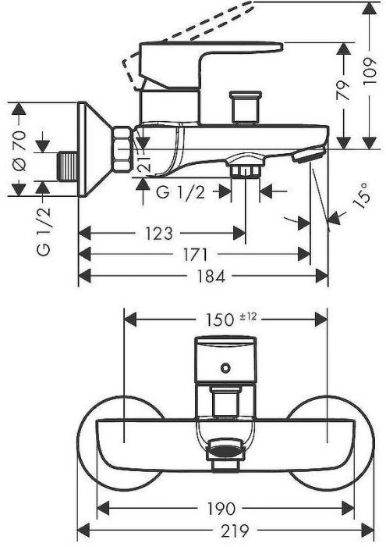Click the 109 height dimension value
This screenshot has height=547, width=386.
[370, 70]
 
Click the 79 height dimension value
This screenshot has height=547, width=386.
[344, 91]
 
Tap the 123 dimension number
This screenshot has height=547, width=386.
[159, 234]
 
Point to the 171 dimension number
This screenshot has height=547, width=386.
[195, 255]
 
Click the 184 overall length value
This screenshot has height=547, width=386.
[211, 277]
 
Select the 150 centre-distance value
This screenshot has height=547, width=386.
[219, 320]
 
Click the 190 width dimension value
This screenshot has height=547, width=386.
[221, 509]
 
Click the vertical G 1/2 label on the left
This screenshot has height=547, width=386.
[44, 231]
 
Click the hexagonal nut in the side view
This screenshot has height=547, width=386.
[122, 149]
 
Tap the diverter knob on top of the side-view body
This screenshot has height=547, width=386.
[246, 107]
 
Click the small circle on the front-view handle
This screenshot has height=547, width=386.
[225, 367]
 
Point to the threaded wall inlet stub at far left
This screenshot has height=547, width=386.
[68, 166]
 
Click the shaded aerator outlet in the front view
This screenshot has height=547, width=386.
[225, 449]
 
